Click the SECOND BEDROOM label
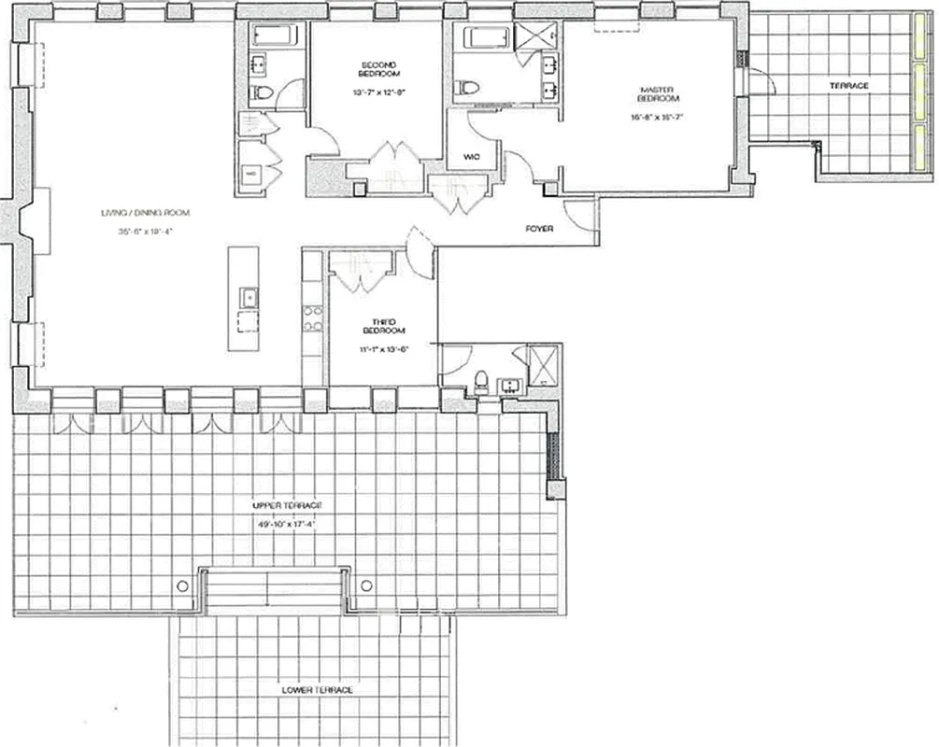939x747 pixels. point(380,69)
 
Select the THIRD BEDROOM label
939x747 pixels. point(383,327)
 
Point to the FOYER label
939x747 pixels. point(538,227)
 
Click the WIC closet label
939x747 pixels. point(470,157)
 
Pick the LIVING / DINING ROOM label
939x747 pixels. point(138,213)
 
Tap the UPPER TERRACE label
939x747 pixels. point(287,505)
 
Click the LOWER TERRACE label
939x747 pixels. point(318,690)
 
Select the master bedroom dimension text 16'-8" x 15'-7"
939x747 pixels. point(659,118)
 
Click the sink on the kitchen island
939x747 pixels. point(249,297)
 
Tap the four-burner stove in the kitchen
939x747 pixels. point(311,317)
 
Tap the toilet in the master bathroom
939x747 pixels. point(466,88)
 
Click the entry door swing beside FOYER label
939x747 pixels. point(582,215)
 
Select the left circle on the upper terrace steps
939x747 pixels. point(183,585)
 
